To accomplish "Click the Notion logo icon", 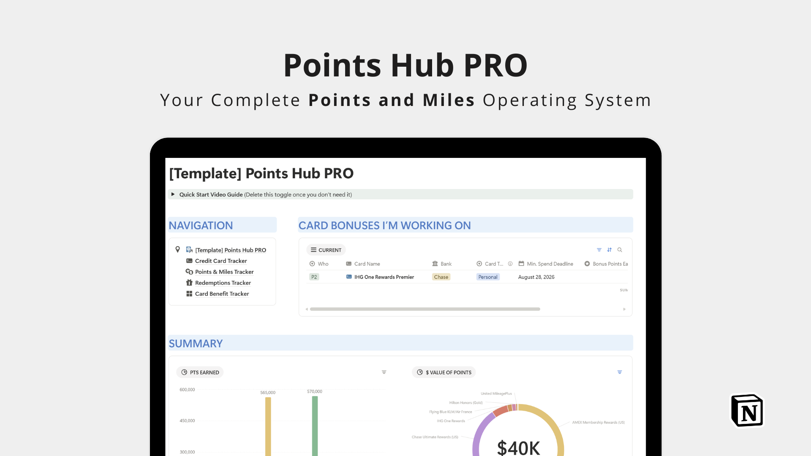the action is coord(748,411).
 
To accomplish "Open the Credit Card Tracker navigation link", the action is coord(221,261).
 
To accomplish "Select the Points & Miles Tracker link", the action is coord(224,272).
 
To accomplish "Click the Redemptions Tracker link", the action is coord(223,283).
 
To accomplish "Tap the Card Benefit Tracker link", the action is coord(222,294).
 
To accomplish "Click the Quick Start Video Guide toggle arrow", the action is coord(173,194).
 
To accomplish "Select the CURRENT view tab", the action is coord(326,250).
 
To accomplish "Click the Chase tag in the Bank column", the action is coord(441,277).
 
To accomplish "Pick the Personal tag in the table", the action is coord(488,277).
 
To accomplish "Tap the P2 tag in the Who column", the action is coord(314,277).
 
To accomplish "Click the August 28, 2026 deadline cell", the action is coord(536,277).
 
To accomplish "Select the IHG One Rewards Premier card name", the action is coord(384,277).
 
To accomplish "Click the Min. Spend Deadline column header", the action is coord(550,264).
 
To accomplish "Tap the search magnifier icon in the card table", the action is coord(620,250).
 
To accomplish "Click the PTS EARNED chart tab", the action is coord(200,372).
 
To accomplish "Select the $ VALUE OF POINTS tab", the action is coord(444,372).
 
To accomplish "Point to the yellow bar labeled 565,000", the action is coord(268,426).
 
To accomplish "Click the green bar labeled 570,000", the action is coord(315,426).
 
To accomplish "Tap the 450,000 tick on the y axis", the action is coord(187,421).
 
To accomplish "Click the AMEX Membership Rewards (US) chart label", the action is coord(599,423).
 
